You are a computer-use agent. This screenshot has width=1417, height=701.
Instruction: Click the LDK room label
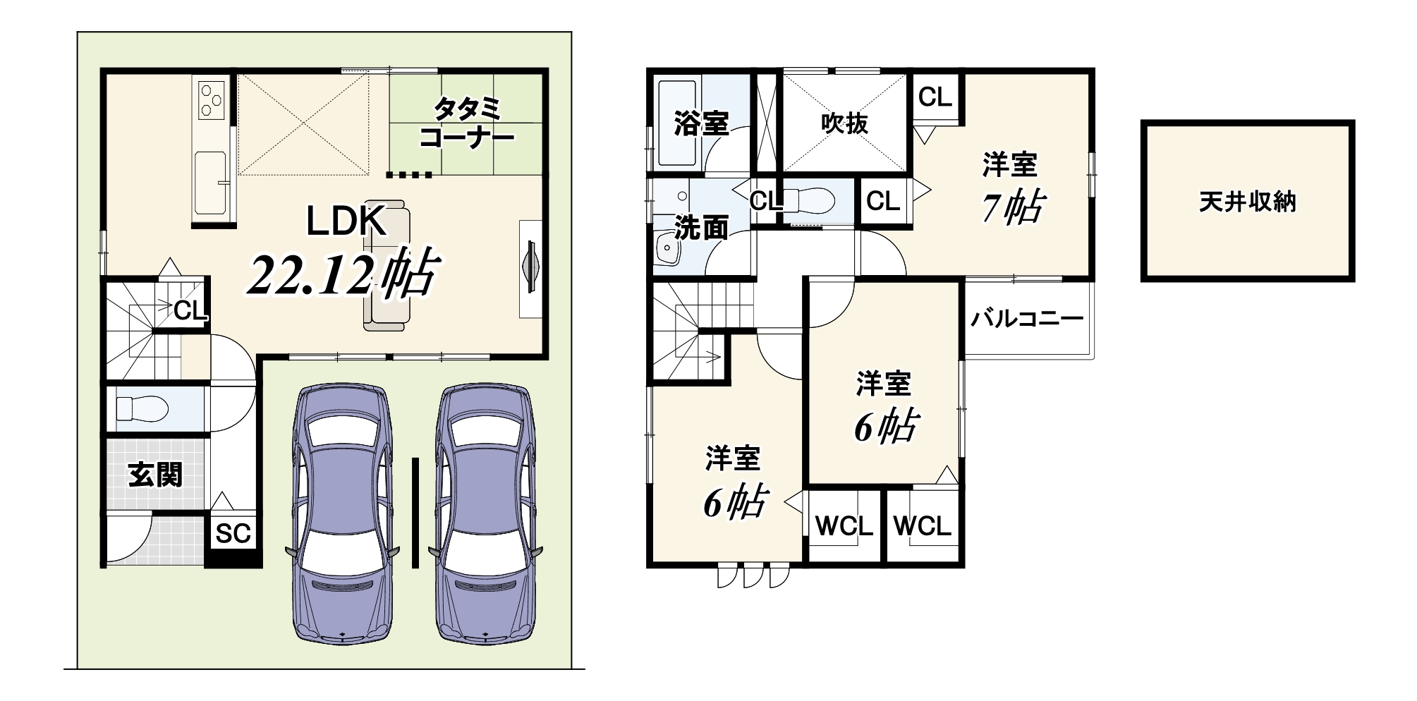346,221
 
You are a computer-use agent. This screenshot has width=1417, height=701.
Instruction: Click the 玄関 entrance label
155,475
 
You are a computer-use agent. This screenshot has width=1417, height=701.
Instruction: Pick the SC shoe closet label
233,534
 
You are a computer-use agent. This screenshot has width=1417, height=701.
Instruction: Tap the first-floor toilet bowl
141,408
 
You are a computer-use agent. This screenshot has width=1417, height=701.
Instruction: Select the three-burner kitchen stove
211,99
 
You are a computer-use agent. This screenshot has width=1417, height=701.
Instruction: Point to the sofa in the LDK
387,264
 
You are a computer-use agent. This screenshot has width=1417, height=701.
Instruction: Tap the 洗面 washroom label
701,228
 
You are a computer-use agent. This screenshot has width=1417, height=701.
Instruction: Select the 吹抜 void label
844,123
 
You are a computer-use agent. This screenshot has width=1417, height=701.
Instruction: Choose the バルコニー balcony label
1027,319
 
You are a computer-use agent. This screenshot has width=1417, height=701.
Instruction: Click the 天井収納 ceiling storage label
1248,202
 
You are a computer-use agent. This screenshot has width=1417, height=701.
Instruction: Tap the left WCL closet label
844,525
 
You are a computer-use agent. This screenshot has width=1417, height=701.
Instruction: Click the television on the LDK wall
530,269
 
